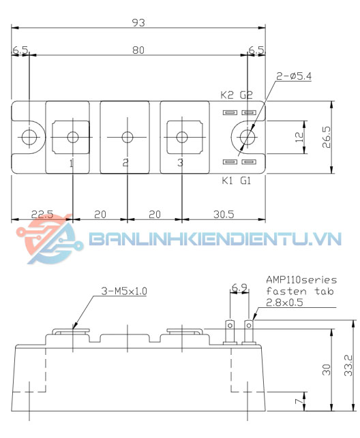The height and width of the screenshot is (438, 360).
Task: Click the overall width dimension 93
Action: pos(138,22)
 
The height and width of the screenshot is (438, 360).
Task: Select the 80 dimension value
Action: pos(138,50)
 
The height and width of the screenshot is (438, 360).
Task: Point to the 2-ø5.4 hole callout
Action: pos(292,76)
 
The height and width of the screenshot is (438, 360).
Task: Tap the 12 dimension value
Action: pos(297,136)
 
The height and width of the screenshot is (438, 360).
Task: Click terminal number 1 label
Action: pos(72,163)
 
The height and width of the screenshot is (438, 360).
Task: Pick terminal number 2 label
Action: pos(125,163)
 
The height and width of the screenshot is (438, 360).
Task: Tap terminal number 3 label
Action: pos(180,163)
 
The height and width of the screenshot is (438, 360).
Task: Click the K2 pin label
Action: pos(227,95)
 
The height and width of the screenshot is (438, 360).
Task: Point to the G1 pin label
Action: pos(246,181)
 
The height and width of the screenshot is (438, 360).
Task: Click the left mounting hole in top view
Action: pos(28,137)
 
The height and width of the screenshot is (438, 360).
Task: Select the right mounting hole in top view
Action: pos(248,137)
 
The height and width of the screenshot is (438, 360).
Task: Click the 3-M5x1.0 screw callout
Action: pos(124,291)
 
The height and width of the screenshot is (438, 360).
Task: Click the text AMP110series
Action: pos(301,280)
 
